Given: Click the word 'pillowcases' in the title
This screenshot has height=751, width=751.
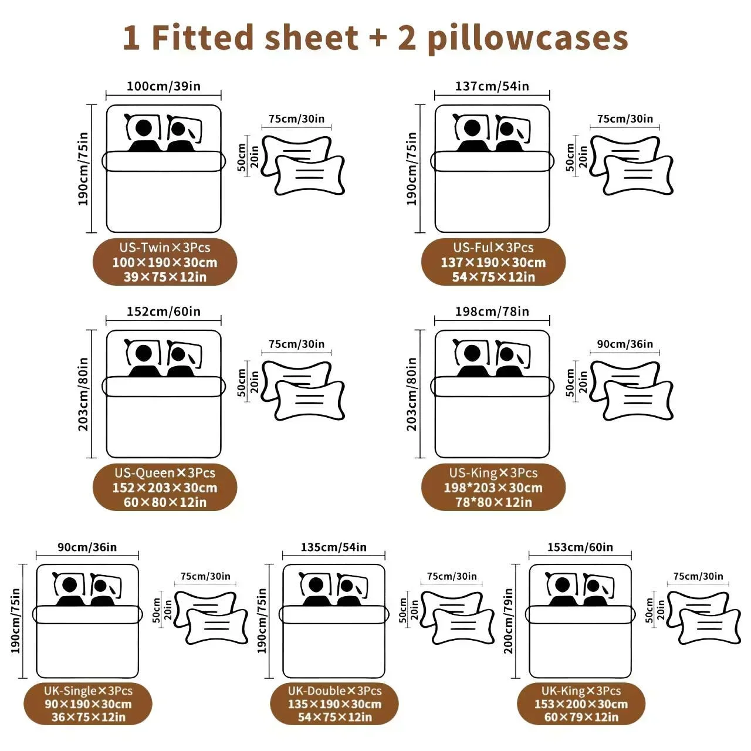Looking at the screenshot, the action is [x=527, y=39].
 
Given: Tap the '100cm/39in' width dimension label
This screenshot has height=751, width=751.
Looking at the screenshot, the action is [x=164, y=86].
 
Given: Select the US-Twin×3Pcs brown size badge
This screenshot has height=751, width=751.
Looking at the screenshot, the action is [x=165, y=262].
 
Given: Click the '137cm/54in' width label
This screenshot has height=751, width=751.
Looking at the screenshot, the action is [x=492, y=86].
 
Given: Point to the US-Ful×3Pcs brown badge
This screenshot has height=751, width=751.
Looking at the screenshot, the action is [x=493, y=262].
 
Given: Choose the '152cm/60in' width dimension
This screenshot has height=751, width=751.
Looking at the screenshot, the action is [x=164, y=312].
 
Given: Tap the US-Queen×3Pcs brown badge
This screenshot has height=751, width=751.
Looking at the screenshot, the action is [x=165, y=487].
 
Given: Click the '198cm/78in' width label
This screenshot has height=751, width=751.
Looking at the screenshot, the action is [x=492, y=312].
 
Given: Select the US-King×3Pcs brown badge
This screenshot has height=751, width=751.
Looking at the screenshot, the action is [x=493, y=487].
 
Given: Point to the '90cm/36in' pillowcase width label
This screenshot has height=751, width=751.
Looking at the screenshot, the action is [x=625, y=344].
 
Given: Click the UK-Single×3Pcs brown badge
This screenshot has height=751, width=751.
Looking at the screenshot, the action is [x=88, y=704].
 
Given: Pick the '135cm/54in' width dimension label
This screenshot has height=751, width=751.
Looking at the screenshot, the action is [x=334, y=547].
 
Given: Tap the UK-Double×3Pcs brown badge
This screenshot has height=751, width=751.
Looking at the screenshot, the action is [x=334, y=704].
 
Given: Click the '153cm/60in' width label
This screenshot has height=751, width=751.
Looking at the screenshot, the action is [x=580, y=547].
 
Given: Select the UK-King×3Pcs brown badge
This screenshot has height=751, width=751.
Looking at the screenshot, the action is [x=581, y=704].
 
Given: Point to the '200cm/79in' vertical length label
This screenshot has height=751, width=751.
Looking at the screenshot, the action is [x=508, y=621].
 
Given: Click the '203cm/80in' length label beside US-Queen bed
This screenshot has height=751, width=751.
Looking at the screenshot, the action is [x=83, y=394].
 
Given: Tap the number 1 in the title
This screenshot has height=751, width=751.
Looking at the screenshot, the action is [x=131, y=38].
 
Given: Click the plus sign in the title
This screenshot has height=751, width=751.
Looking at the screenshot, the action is [x=377, y=38].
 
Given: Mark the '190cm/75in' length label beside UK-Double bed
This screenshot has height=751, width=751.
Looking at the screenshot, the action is [x=262, y=621].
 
